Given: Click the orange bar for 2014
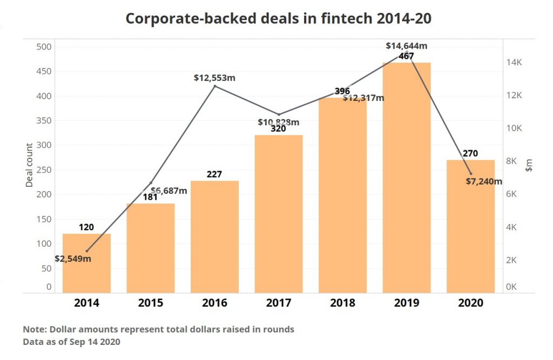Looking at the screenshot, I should pos(86,270).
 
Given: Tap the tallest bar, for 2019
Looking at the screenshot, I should pos(407,178).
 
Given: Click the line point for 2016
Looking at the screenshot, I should pos(215,86).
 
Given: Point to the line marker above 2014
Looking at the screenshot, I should pos(87,251).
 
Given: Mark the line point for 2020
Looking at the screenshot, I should pos(471,173).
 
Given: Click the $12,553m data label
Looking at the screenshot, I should pos(214,78).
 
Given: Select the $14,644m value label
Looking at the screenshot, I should pos(407,46).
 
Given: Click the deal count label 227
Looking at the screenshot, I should pos(214,174).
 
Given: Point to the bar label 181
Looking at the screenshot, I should pos(151,197).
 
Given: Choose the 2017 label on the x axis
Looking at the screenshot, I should pos(279,303).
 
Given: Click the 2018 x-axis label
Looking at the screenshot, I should pos(342,303).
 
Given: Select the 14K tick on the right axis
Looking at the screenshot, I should pos(514,63).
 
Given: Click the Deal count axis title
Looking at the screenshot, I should pos(30,165).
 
